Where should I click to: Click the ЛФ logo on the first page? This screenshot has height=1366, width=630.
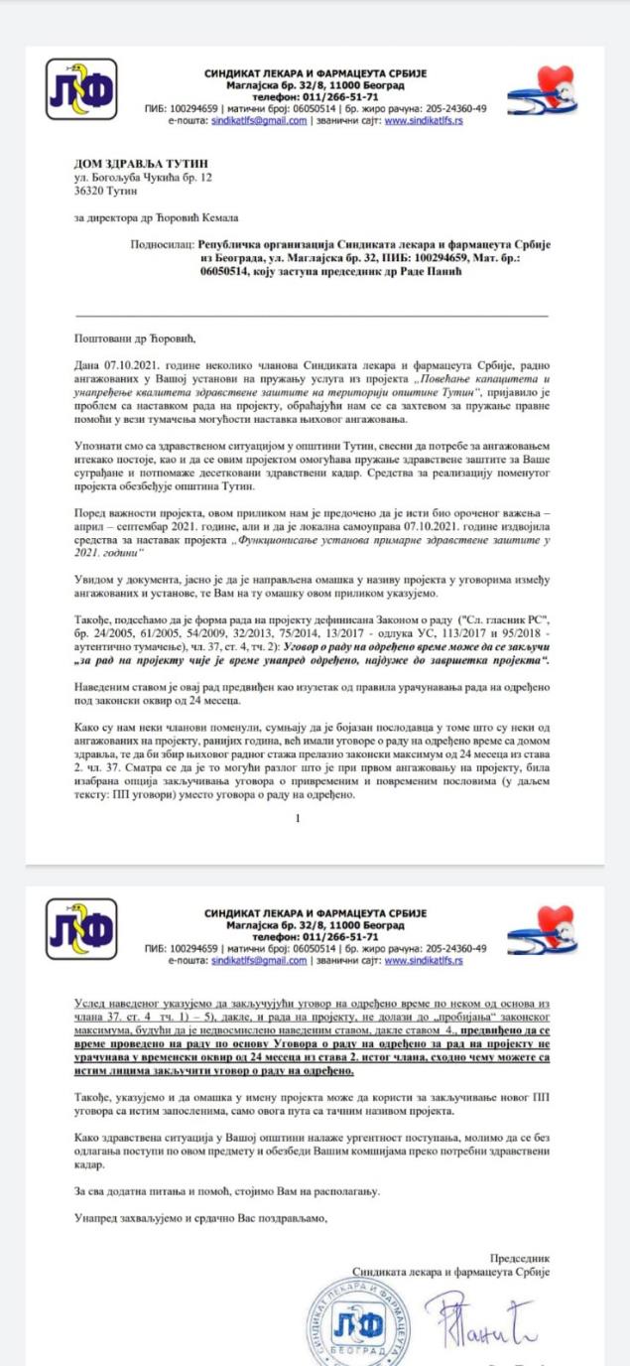pos(81,90)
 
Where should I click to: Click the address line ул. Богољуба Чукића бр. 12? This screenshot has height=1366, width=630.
pos(143,177)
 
